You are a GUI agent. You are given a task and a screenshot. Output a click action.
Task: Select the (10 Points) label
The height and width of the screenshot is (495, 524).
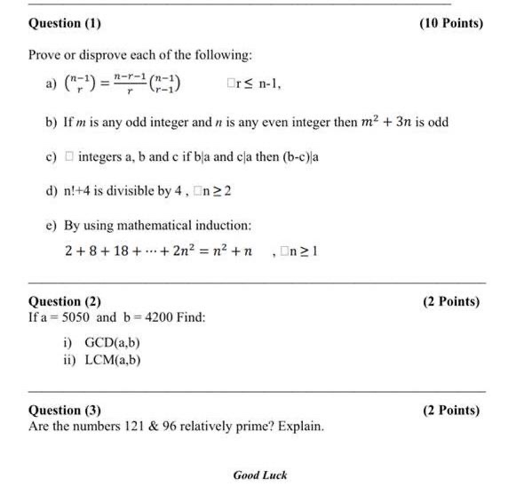(x=450, y=23)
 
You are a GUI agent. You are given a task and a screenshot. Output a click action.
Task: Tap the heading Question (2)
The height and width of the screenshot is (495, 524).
(x=65, y=301)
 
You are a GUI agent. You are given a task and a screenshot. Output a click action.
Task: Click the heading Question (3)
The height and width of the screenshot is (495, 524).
(x=65, y=411)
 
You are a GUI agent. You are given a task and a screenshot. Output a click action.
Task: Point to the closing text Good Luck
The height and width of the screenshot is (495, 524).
(x=260, y=475)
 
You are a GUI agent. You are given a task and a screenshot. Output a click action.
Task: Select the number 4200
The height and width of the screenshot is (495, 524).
(x=159, y=317)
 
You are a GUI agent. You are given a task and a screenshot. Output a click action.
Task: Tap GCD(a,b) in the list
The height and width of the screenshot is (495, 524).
(x=112, y=343)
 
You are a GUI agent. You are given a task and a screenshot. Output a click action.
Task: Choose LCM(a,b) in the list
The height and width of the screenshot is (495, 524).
(x=112, y=359)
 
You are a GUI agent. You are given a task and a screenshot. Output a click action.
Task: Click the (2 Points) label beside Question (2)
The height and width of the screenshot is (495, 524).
(x=450, y=301)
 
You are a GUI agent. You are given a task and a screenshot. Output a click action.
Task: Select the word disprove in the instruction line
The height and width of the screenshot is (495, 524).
(x=92, y=55)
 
